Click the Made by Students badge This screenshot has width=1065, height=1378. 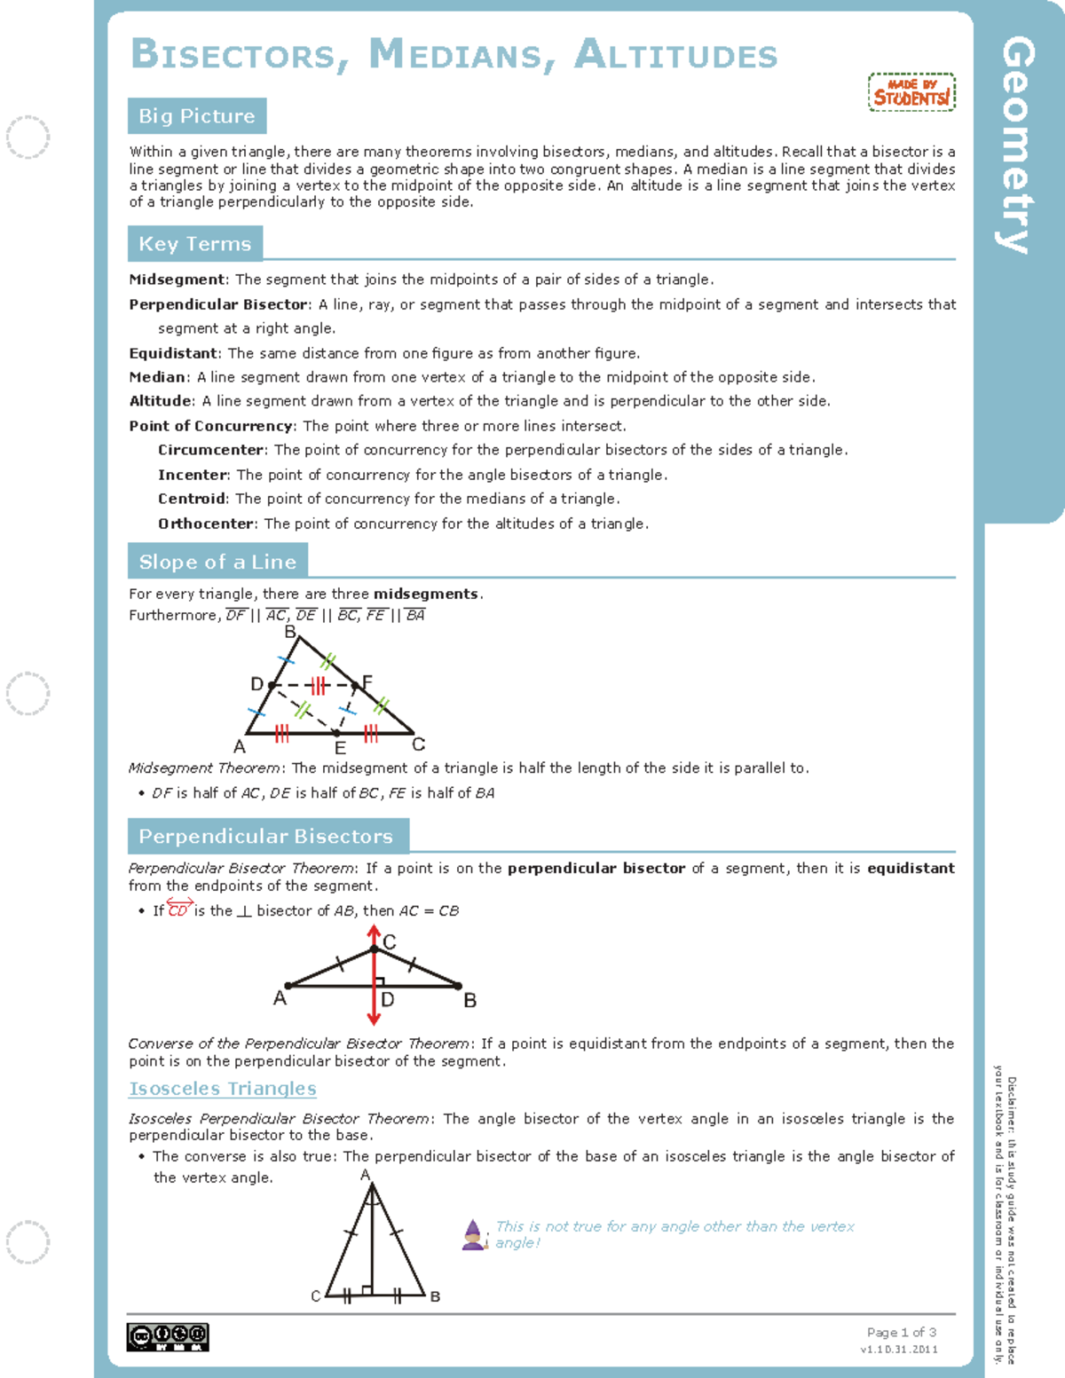pos(911,92)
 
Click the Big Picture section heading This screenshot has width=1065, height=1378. pos(196,116)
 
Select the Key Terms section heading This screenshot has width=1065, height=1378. pos(194,244)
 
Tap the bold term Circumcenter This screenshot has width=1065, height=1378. pos(211,450)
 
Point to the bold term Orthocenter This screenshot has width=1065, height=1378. pos(207,524)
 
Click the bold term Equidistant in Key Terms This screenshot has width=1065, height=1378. pos(173,353)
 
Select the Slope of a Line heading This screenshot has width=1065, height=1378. pos(217,562)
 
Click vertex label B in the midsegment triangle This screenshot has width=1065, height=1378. pos(289,632)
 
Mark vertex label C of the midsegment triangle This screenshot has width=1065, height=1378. pos(419,744)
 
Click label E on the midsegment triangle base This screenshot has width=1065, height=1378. pos(340,748)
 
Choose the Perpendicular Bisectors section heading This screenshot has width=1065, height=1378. pos(265,836)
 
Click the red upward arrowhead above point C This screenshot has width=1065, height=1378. pos(375,932)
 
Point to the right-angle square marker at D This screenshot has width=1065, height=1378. pos(380,981)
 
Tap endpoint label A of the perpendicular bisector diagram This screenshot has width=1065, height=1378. pos(280,998)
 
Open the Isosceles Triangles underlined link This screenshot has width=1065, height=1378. pos(223,1089)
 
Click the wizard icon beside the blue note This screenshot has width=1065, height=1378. pos(474,1234)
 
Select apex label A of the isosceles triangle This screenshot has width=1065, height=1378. pos(365,1175)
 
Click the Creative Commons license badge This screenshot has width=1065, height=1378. pos(168,1336)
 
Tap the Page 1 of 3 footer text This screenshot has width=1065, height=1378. pos(901,1332)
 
